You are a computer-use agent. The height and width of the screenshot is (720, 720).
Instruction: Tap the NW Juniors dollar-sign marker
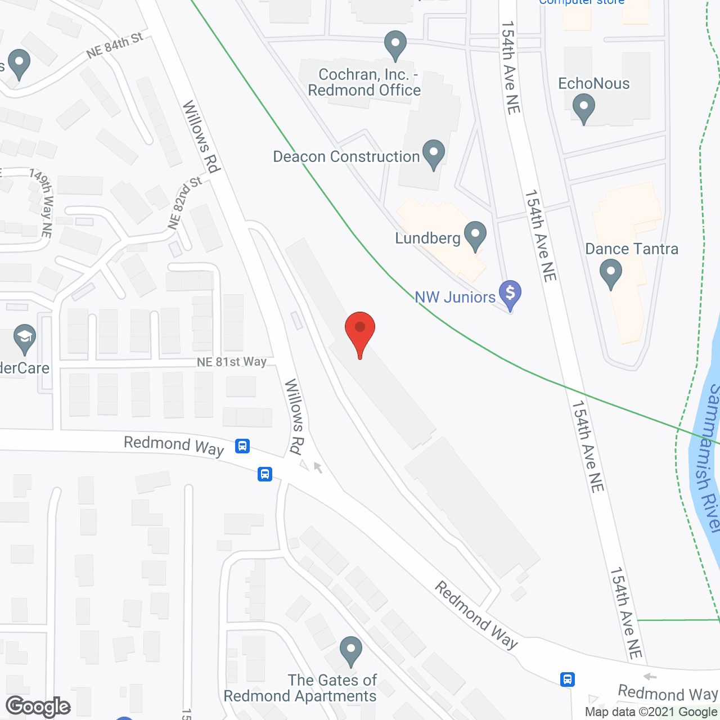click(x=510, y=293)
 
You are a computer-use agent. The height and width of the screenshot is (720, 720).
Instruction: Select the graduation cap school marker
click(x=24, y=338)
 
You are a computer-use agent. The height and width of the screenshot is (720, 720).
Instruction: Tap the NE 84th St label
click(x=115, y=45)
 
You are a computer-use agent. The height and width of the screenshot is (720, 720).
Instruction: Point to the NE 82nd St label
click(x=184, y=202)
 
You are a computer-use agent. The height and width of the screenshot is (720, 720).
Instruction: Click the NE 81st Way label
click(x=231, y=362)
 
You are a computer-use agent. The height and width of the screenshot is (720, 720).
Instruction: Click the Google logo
click(x=38, y=706)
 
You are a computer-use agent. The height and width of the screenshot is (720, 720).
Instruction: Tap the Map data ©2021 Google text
click(x=651, y=712)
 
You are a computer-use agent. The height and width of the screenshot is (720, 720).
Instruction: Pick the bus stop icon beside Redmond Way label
click(x=242, y=447)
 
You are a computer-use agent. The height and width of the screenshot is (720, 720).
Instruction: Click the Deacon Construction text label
click(x=346, y=156)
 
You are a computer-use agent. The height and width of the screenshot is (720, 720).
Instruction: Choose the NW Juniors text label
click(x=455, y=297)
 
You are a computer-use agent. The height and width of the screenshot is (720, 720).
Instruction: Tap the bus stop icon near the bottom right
click(x=568, y=679)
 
